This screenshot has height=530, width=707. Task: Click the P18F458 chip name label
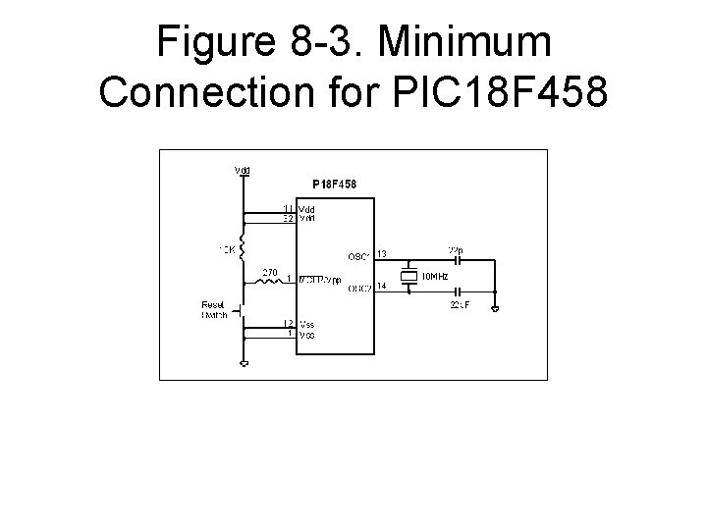pos(334,184)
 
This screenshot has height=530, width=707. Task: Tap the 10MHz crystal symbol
pos(408,276)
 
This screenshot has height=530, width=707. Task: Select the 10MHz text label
pos(434,277)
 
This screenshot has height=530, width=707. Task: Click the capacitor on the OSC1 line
pos(456,261)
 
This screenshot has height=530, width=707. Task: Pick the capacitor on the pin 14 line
pos(456,292)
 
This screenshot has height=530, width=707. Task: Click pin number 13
pos(382,254)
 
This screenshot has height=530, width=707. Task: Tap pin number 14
pos(382,285)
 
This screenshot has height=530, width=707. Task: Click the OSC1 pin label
pos(357,258)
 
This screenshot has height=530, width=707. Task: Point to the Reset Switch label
pos(214,309)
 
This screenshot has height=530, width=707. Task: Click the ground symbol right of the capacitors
pos(496,310)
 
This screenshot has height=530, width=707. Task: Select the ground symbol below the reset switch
pos(244,362)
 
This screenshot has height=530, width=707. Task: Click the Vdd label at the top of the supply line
pos(243,170)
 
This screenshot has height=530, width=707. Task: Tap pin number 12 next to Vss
pos(290,323)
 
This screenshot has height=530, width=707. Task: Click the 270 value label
pos(271,271)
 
